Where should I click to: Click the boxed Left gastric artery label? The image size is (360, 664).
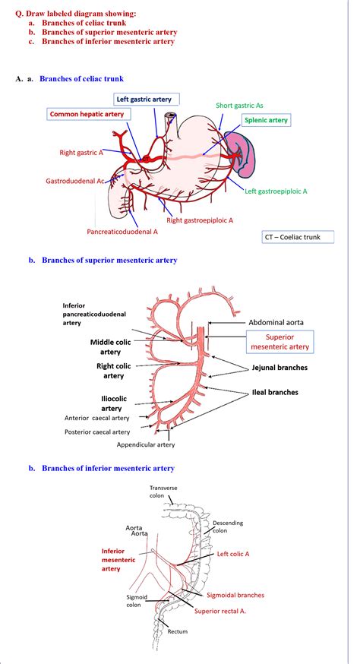[147, 99]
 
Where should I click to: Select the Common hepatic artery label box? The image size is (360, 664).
[86, 114]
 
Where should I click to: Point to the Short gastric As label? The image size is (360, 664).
[241, 106]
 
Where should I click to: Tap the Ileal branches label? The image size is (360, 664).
[275, 392]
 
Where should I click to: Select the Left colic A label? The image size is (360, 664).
[232, 554]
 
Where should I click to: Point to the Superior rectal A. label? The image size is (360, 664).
[219, 610]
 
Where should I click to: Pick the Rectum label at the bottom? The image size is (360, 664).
[178, 631]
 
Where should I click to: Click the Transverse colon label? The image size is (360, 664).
[162, 491]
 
